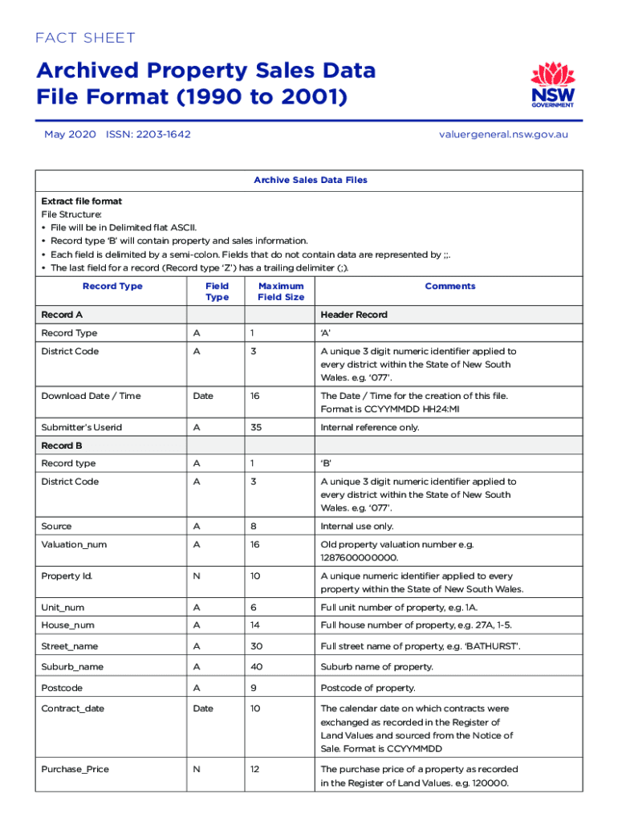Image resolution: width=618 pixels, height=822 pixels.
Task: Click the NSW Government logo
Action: click(x=552, y=86)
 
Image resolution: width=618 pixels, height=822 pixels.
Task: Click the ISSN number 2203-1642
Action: click(x=148, y=134)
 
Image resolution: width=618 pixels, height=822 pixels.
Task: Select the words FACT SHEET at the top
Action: click(x=86, y=38)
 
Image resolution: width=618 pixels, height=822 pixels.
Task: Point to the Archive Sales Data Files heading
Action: click(x=310, y=180)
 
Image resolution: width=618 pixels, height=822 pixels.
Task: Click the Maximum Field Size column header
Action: click(x=280, y=291)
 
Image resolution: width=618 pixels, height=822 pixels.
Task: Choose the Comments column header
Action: click(x=449, y=286)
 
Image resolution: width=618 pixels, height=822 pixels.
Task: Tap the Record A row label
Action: click(x=62, y=315)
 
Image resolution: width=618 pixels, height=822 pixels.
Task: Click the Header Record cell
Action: click(x=354, y=315)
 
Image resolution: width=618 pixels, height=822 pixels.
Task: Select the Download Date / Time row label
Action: click(x=90, y=396)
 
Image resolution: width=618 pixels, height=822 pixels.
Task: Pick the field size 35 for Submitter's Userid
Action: click(x=255, y=427)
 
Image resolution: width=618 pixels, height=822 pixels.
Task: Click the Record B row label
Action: click(x=62, y=445)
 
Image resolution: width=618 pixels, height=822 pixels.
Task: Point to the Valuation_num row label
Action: click(x=74, y=544)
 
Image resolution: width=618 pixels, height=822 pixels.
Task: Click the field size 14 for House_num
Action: click(x=255, y=625)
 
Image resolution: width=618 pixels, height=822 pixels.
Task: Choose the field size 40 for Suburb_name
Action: click(x=256, y=666)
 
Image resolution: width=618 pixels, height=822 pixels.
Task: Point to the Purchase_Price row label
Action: click(x=75, y=769)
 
